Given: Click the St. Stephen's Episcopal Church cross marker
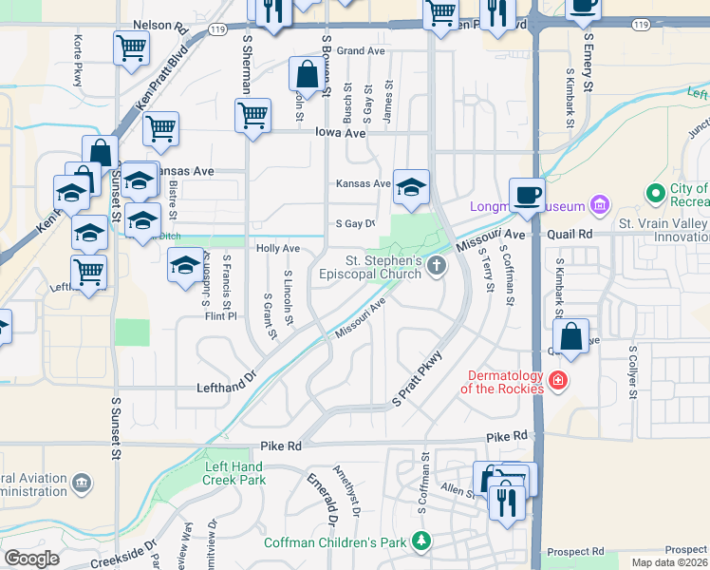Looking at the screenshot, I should click(x=437, y=266).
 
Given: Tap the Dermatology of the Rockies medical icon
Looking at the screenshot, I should click(x=558, y=381).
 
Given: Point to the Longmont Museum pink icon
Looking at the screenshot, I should click(x=598, y=205).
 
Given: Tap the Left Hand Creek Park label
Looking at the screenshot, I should click(x=234, y=474).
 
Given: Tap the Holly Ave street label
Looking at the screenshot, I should click(x=278, y=248).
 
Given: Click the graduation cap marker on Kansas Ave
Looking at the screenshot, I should click(x=411, y=188).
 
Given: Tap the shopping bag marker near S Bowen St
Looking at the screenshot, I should click(x=307, y=75).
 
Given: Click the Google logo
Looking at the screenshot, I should click(x=31, y=559).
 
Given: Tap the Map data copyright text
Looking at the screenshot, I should click(x=669, y=562).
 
